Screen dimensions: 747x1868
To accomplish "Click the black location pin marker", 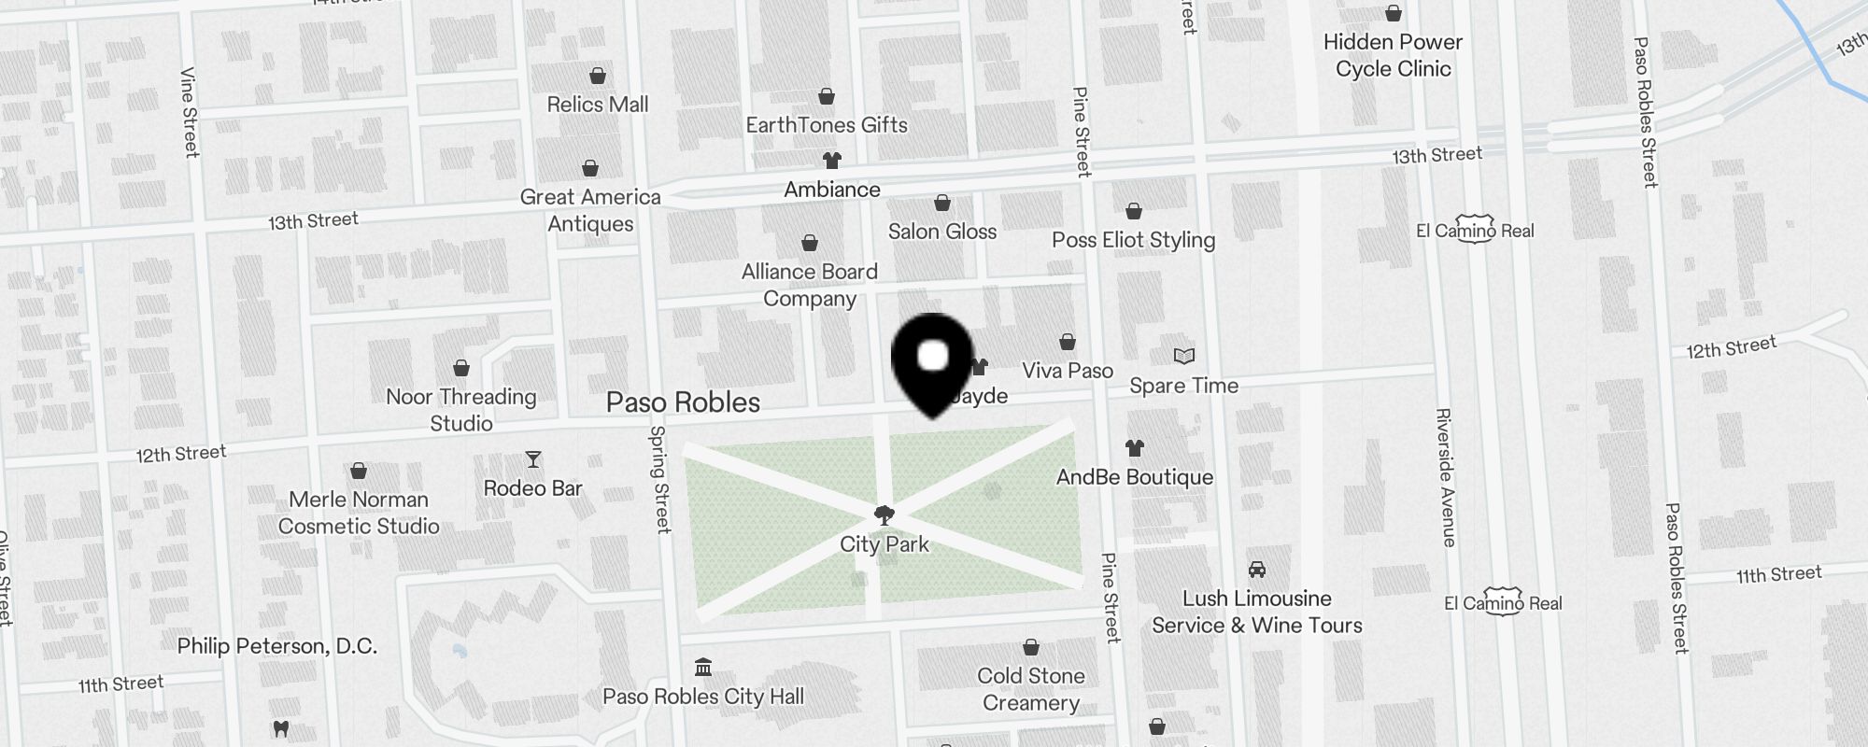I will click(932, 362).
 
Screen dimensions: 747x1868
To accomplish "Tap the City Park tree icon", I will click(884, 514).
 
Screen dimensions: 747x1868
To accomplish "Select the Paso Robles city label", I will click(683, 402).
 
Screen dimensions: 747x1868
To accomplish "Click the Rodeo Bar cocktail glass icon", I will click(533, 459).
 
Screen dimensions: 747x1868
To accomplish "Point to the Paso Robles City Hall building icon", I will click(703, 668).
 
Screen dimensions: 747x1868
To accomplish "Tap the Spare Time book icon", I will click(1183, 357).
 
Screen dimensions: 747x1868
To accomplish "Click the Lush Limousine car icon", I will click(1256, 570).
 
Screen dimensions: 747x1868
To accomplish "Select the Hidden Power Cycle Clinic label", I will click(1393, 55).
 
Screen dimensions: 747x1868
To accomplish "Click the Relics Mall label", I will click(598, 105).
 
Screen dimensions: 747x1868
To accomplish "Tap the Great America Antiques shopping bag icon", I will click(590, 168).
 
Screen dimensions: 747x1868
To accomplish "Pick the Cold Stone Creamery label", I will click(1030, 689).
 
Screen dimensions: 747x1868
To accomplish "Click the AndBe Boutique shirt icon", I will click(1134, 448).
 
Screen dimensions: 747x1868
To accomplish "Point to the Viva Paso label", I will click(1068, 371).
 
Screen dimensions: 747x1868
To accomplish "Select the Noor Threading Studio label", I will click(461, 410).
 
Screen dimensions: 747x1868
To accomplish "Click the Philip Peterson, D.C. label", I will click(277, 646).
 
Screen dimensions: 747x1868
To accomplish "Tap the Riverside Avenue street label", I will click(1445, 477).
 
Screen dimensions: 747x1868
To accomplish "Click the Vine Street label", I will click(189, 112).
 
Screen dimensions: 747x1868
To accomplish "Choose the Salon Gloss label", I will click(942, 232).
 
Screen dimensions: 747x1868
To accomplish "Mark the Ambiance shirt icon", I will click(831, 161).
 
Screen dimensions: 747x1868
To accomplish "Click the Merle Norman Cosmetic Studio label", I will click(359, 513).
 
